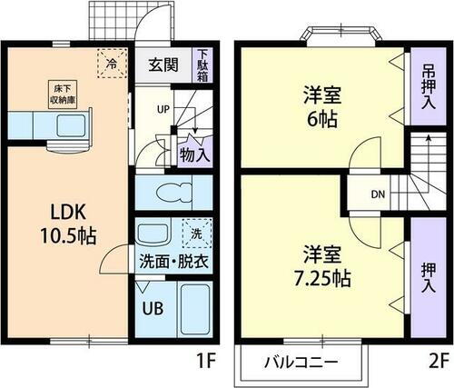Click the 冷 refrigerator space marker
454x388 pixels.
(110, 65)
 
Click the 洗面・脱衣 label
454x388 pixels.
(173, 261)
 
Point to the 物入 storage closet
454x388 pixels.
(194, 154)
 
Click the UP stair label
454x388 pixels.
(163, 111)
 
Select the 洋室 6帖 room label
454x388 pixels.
(321, 106)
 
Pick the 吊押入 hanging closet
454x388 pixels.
(428, 86)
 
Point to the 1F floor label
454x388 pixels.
(205, 360)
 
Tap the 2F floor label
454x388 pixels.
(438, 360)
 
